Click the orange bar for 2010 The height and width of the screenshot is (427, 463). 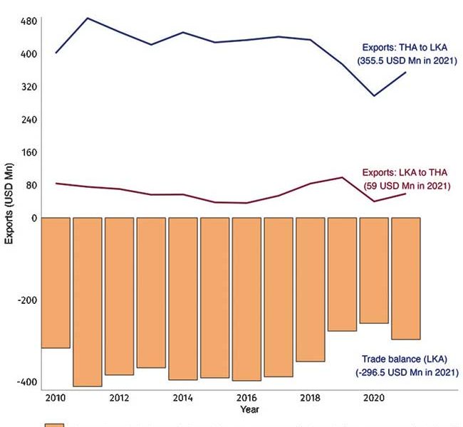click(56, 283)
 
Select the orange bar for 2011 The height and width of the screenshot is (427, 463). click(88, 302)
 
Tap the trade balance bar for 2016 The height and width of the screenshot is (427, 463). click(246, 299)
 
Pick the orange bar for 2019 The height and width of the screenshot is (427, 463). click(342, 274)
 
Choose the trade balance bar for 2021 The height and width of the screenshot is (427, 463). click(405, 278)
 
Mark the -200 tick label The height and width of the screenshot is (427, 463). click(26, 300)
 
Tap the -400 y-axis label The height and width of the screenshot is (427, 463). click(26, 382)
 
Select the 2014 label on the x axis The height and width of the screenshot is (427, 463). click(182, 397)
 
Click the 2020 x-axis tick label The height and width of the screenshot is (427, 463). click(373, 397)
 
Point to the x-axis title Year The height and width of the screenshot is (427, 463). click(249, 409)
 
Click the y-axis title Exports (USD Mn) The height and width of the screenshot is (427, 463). click(9, 204)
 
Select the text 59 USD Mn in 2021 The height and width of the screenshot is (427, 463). click(406, 186)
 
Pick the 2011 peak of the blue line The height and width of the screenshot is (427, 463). click(87, 18)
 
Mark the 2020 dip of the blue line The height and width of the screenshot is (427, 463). click(374, 96)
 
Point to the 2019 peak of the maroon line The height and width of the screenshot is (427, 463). click(343, 177)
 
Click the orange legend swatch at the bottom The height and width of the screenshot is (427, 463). click(55, 425)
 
